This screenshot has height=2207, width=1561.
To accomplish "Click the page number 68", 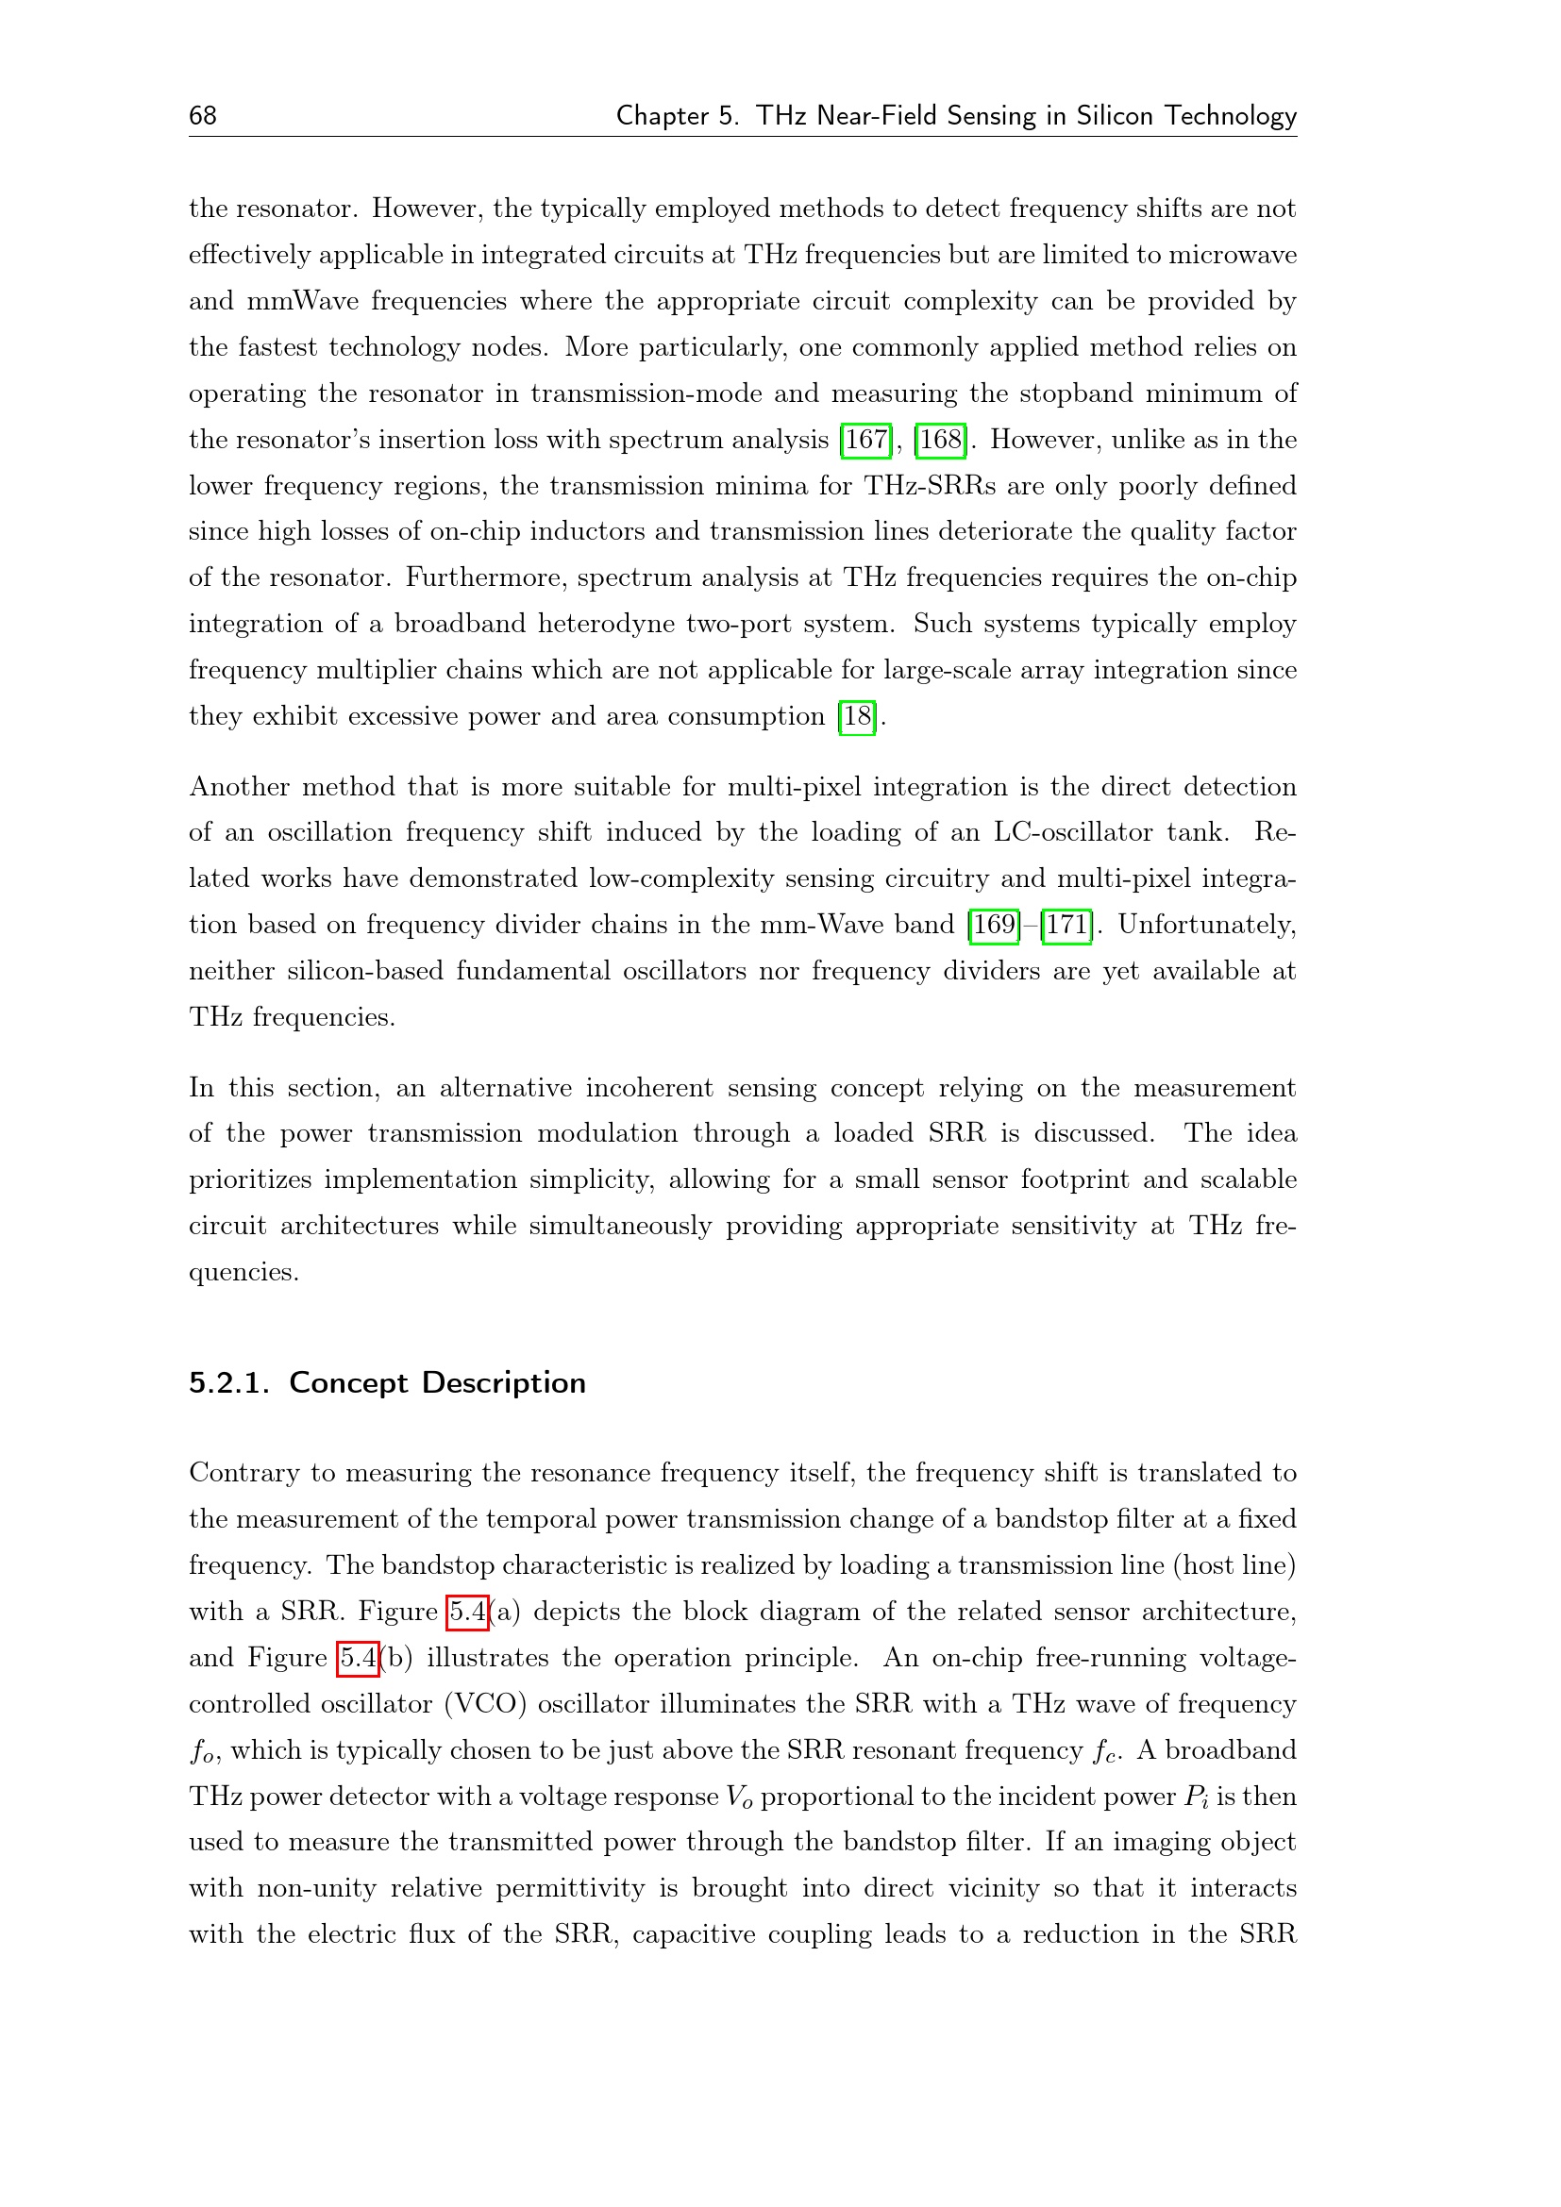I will [x=203, y=116].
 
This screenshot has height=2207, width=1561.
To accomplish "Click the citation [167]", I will [x=866, y=441].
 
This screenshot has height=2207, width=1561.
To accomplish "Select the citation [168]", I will [x=940, y=441].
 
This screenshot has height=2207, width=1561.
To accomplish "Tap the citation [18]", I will [x=857, y=717].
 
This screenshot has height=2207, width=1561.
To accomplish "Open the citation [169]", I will [x=994, y=925].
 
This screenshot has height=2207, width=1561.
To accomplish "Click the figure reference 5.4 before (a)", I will [x=468, y=1612].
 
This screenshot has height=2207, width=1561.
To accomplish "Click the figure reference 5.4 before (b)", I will [x=358, y=1658].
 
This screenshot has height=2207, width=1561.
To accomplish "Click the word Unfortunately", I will [x=1206, y=925].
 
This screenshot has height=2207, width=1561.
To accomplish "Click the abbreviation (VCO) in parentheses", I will [x=484, y=1704].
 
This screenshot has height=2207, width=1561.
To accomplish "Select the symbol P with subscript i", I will [x=1196, y=1797].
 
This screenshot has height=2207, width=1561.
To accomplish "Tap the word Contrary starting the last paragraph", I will [x=243, y=1474].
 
